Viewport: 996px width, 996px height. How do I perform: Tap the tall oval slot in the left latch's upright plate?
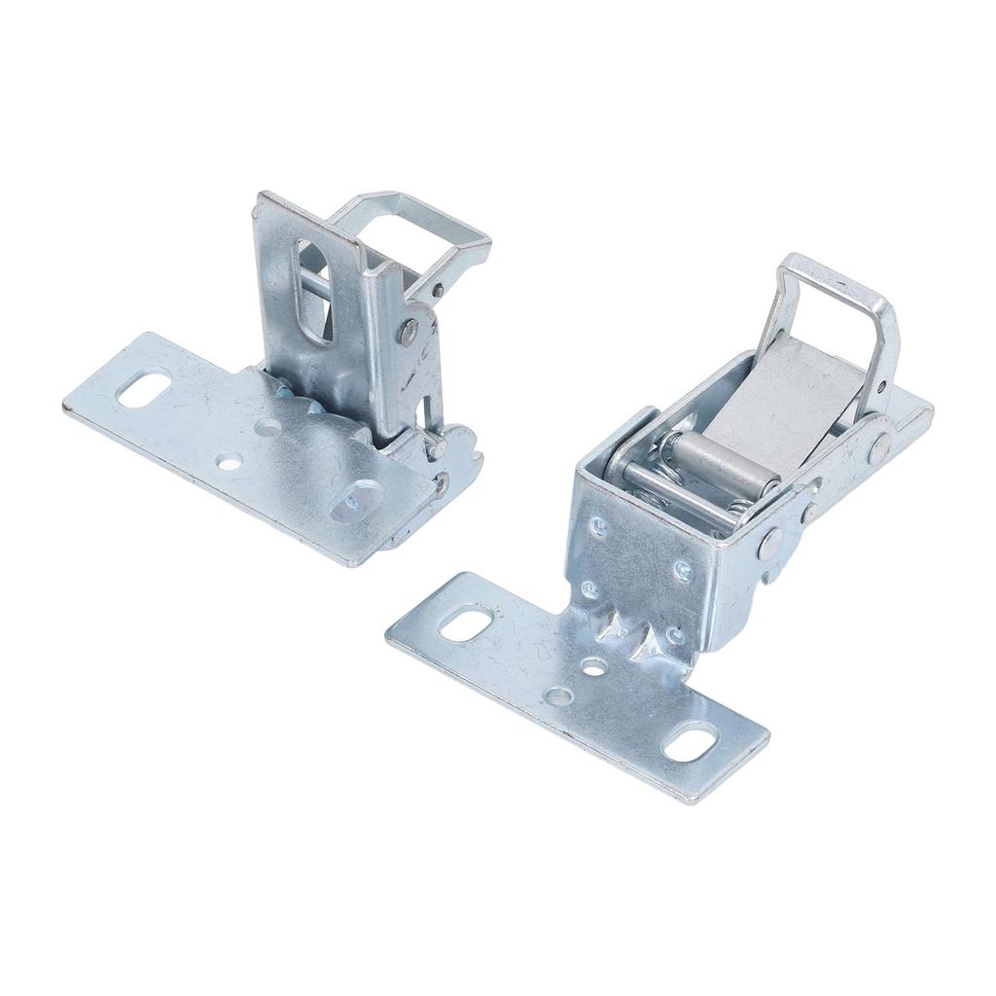click(x=312, y=290)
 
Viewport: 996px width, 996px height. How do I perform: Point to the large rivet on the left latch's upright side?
click(x=409, y=332)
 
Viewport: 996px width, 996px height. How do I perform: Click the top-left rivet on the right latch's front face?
click(x=599, y=526)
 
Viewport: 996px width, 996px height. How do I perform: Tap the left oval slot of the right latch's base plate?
click(x=466, y=621)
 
